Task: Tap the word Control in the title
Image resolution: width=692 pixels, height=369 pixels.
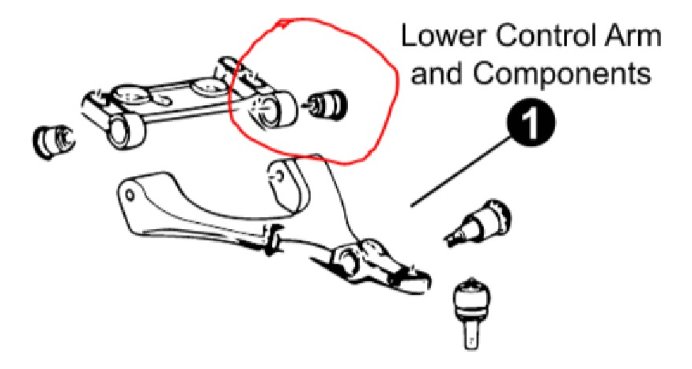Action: [543, 36]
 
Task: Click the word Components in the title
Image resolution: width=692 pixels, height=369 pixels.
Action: [562, 75]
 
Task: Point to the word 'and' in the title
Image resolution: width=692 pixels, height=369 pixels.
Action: [438, 73]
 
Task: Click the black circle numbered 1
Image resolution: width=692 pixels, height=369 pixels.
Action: [530, 122]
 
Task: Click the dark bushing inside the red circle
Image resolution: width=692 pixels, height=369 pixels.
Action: [328, 105]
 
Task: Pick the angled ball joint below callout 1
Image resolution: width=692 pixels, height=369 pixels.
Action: [479, 223]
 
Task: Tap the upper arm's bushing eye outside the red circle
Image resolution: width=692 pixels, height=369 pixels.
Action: [125, 133]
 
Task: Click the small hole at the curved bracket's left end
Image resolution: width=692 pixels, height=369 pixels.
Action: [130, 194]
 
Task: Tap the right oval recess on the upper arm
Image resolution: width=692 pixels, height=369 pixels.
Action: [208, 86]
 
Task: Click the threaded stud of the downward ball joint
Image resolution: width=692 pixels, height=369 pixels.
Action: [471, 337]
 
